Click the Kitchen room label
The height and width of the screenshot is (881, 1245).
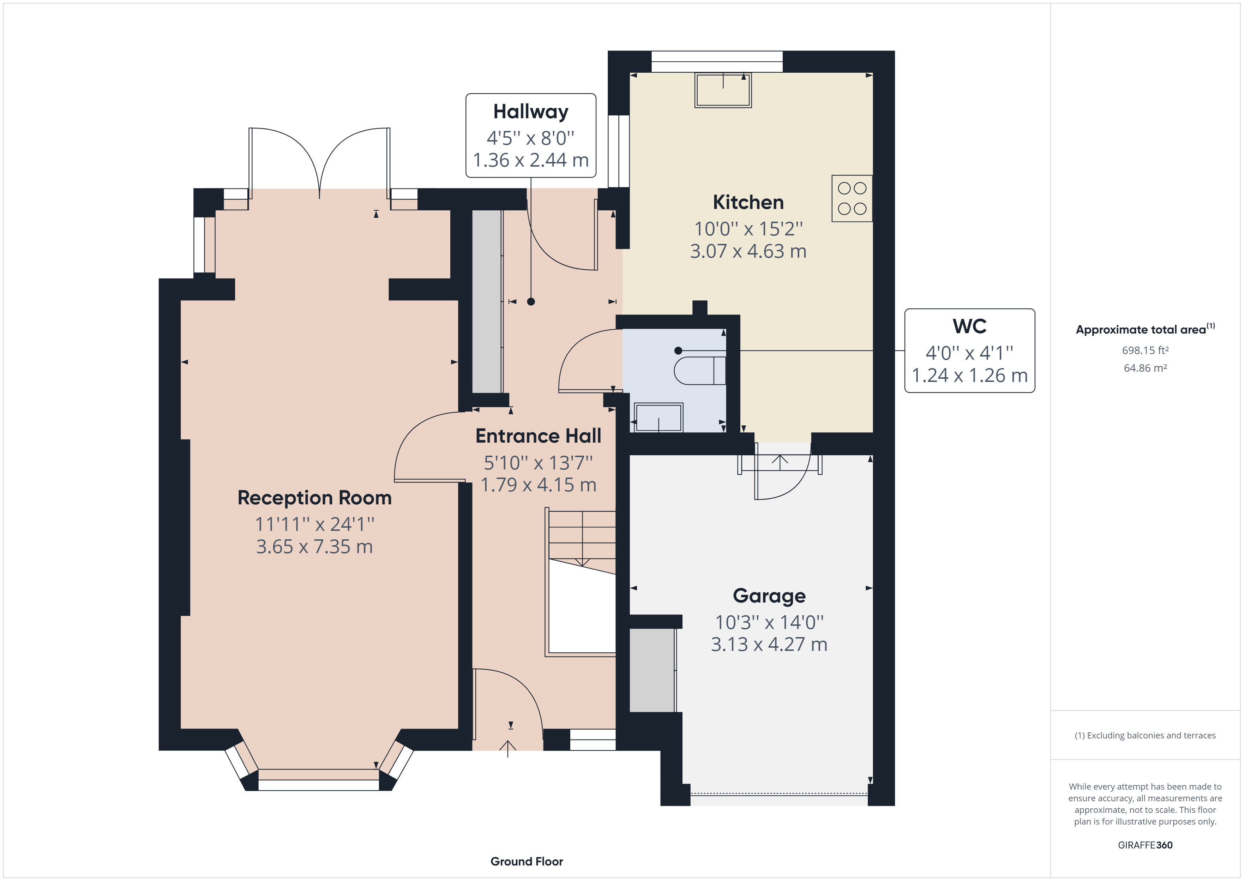[748, 202]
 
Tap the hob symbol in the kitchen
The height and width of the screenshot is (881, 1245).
[852, 199]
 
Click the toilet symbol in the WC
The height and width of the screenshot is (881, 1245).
[699, 371]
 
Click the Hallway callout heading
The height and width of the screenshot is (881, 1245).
[530, 112]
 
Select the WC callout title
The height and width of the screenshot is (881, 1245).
[969, 326]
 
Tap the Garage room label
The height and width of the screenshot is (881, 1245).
[769, 596]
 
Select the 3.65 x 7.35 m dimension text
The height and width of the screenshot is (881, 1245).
[314, 547]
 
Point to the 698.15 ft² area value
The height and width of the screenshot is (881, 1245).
[1145, 350]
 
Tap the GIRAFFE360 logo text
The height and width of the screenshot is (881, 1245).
[1145, 845]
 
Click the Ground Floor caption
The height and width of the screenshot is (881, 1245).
[527, 862]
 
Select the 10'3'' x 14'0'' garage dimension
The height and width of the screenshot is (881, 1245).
[769, 622]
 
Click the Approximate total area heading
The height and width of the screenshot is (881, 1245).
[1141, 330]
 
